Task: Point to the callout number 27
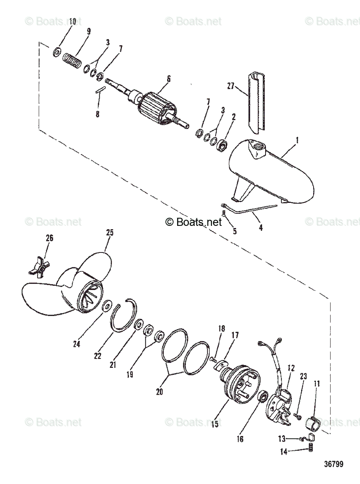(x=230, y=86)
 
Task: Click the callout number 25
(x=110, y=232)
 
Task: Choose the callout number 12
(x=291, y=368)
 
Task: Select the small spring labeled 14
(x=311, y=446)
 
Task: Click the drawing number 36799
(x=334, y=464)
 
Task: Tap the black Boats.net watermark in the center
(x=193, y=221)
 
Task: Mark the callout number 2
(x=234, y=117)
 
